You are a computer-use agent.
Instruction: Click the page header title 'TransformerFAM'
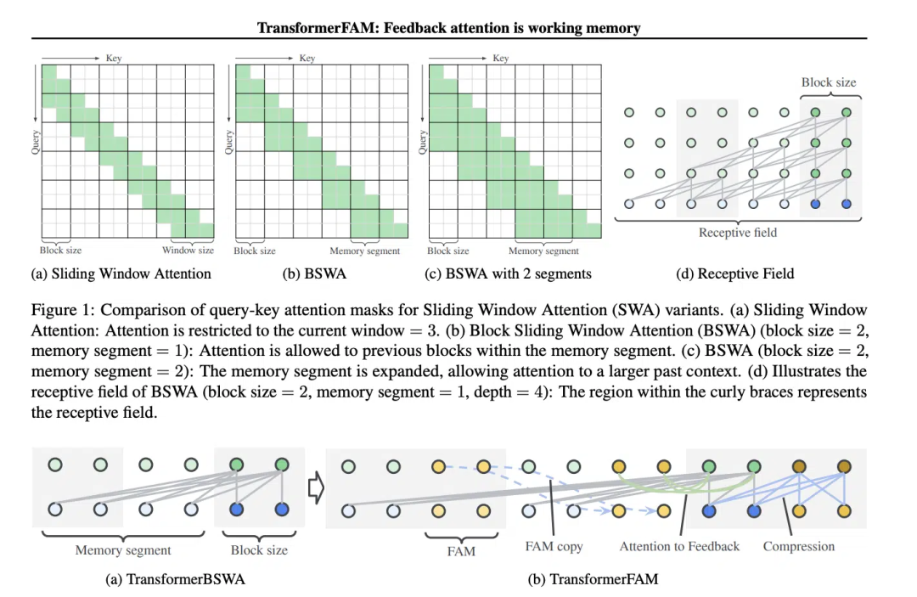coord(448,28)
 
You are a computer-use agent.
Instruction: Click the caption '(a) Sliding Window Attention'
coord(121,273)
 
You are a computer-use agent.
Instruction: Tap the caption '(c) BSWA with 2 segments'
coord(508,273)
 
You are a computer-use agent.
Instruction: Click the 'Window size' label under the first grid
coord(188,251)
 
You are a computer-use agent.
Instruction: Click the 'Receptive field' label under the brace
coord(737,233)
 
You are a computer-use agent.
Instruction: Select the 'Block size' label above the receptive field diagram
coord(829,82)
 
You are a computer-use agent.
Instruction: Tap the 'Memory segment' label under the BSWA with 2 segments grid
coord(543,251)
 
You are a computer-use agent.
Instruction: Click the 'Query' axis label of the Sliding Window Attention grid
coord(35,141)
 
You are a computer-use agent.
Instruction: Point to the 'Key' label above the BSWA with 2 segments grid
coord(501,58)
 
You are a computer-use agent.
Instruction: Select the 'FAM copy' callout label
coord(554,546)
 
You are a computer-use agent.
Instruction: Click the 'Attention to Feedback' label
coord(679,546)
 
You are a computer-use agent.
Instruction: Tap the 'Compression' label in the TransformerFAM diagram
coord(798,546)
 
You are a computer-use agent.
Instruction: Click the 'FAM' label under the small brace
coord(461,551)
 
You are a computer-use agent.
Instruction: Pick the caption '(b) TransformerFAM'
coord(593,579)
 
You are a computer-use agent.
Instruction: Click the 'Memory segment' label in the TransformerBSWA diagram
coord(123,549)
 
